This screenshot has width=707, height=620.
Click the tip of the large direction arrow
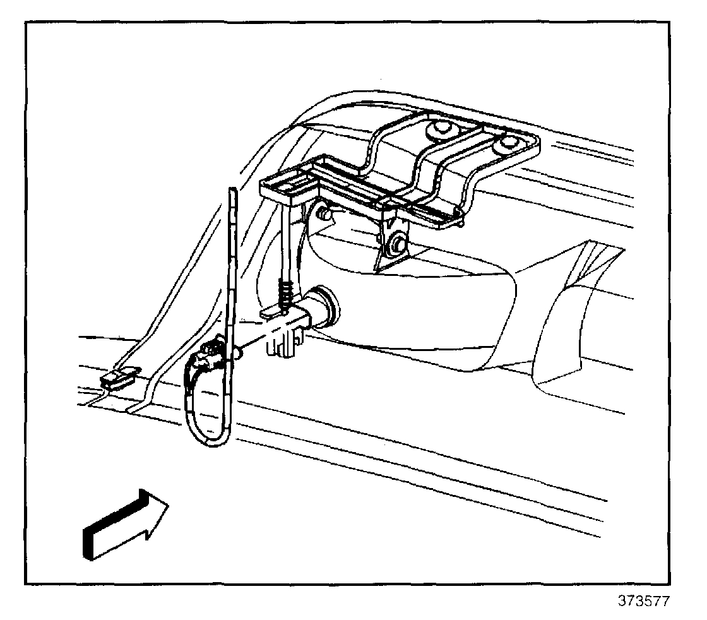tap(167, 504)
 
